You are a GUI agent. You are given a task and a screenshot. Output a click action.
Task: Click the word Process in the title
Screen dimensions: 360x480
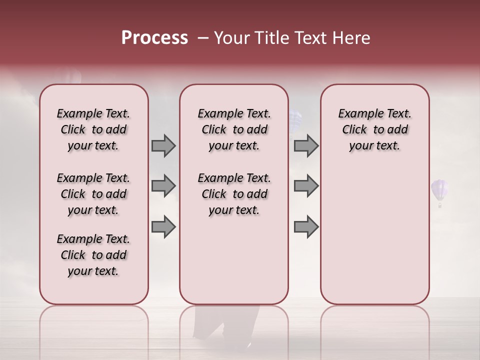click(154, 38)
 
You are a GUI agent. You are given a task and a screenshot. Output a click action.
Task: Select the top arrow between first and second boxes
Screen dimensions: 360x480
click(163, 145)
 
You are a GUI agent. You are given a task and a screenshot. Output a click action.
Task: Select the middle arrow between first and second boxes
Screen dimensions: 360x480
click(163, 186)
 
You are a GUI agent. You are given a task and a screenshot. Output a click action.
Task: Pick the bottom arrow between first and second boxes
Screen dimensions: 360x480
click(163, 227)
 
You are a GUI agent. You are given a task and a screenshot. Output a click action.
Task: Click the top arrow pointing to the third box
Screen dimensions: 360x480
click(306, 145)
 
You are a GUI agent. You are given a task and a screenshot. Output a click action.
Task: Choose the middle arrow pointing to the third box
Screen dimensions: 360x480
click(306, 186)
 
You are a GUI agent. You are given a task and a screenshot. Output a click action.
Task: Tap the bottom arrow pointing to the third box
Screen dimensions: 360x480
click(306, 227)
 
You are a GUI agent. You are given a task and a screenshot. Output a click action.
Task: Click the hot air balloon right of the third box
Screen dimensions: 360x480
click(439, 191)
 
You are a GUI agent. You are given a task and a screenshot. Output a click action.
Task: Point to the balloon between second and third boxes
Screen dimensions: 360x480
click(295, 120)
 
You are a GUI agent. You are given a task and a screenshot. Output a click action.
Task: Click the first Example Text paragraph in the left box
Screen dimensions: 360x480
click(93, 129)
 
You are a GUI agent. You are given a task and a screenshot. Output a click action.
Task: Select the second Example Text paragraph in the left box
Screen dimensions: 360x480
click(93, 194)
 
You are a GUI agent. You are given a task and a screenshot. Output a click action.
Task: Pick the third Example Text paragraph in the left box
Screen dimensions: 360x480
click(93, 255)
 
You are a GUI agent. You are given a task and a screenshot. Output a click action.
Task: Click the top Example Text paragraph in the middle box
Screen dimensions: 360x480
click(234, 129)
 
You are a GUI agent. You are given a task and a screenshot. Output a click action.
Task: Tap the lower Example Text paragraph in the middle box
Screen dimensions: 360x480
click(234, 194)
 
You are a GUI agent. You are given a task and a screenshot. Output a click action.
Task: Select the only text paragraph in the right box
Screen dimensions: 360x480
click(375, 129)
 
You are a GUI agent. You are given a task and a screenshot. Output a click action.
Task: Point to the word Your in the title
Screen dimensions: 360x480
click(231, 38)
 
